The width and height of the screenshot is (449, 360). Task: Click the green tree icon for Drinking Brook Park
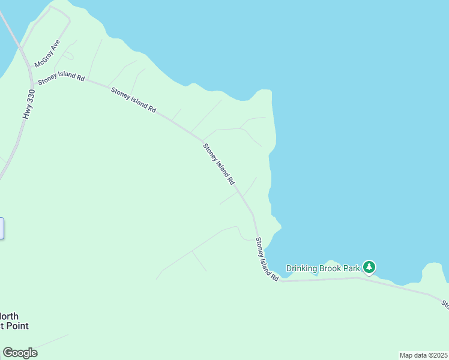point(369,267)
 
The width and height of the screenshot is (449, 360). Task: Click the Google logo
point(20,353)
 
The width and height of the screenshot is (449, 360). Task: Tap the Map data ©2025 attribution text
point(424,355)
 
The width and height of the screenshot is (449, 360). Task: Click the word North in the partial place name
point(10,316)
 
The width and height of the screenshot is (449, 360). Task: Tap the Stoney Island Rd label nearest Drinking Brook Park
point(267,260)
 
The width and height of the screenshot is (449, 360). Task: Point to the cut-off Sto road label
point(445,304)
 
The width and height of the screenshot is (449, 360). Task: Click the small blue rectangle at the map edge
point(2,228)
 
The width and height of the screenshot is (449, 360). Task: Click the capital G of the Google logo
point(8,353)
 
